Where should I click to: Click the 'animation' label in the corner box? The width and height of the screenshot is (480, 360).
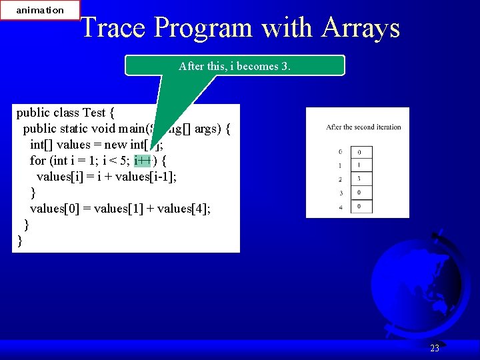[40, 10]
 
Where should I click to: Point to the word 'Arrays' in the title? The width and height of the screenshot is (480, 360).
[361, 28]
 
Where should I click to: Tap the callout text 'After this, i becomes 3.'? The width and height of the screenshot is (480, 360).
[235, 66]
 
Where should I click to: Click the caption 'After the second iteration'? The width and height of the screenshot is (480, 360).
[363, 127]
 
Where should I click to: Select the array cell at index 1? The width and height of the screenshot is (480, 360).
[361, 165]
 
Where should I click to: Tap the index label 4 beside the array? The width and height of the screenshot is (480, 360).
[341, 207]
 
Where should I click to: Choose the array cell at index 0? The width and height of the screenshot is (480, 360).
[361, 152]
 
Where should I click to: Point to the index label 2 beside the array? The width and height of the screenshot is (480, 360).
[341, 179]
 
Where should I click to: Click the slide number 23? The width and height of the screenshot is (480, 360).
[435, 348]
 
